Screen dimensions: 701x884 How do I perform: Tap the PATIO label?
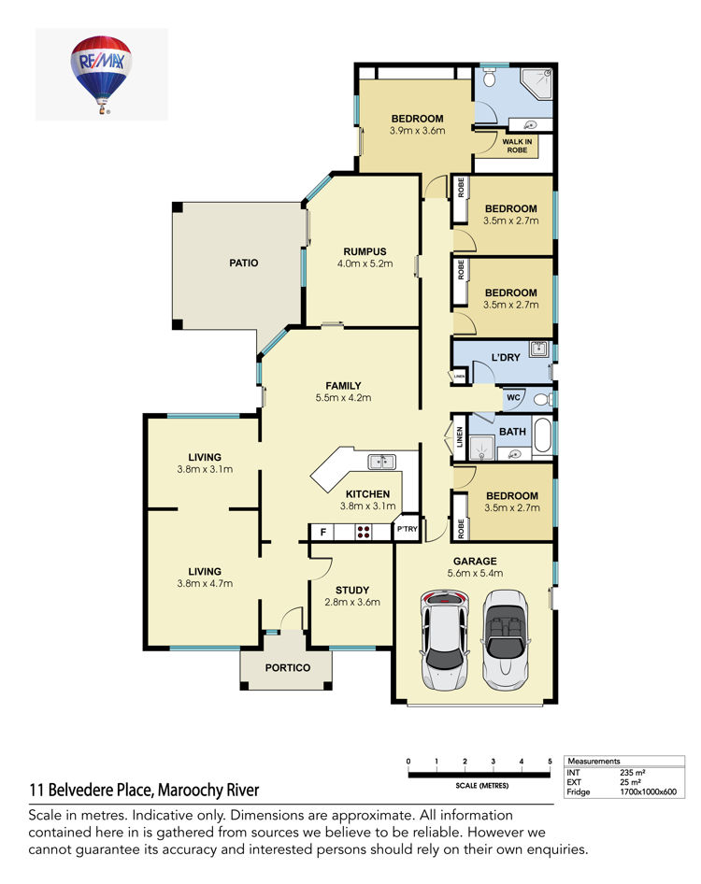point(244,263)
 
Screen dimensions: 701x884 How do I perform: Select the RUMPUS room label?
point(365,251)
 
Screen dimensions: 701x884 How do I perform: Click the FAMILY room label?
point(343,386)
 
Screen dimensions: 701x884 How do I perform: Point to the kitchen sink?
point(381,462)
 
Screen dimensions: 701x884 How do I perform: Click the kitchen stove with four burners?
point(364,532)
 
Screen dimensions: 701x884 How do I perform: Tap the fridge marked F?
point(323,532)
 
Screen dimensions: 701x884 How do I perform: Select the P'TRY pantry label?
point(408,529)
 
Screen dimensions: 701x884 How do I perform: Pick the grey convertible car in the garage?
point(506,640)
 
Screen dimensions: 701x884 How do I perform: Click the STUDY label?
point(352,591)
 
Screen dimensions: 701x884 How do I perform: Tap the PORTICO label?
point(288,667)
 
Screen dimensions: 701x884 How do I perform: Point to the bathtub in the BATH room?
point(542,435)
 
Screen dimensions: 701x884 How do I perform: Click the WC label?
point(513,397)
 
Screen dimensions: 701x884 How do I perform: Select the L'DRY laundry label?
point(506,358)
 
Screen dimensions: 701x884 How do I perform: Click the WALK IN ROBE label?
point(517,146)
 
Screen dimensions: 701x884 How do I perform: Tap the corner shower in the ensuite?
point(536,84)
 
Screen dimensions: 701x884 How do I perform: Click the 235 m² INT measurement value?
point(632,773)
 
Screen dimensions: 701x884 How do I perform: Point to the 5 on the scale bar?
point(550,761)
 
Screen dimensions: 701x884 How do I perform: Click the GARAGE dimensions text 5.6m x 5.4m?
point(475,574)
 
